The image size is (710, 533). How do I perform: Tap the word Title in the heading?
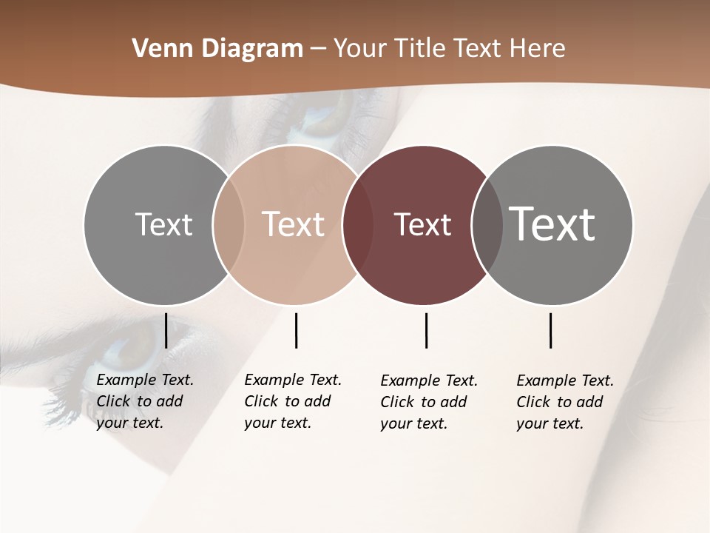click(x=419, y=49)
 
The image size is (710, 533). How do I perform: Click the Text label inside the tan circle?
click(x=294, y=224)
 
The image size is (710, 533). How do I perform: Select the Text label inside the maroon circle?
click(x=422, y=224)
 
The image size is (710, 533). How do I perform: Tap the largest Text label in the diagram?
click(x=552, y=224)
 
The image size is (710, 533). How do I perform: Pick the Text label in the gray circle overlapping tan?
click(x=163, y=224)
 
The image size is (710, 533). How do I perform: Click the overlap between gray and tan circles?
click(x=229, y=225)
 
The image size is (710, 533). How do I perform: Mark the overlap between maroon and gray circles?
click(x=487, y=225)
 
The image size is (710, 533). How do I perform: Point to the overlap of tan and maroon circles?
click(x=357, y=225)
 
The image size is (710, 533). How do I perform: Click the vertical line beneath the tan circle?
click(x=296, y=330)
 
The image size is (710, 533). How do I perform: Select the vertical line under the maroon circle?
click(x=426, y=330)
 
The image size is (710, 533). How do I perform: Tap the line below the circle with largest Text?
click(x=550, y=330)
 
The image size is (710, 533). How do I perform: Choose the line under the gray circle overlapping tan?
click(x=166, y=330)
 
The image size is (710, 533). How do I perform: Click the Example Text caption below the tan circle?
click(x=292, y=401)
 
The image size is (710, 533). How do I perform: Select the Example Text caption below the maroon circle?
click(x=428, y=402)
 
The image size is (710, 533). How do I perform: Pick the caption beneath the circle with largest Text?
click(x=564, y=402)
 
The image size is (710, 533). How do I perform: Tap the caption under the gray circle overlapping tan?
click(x=144, y=401)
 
